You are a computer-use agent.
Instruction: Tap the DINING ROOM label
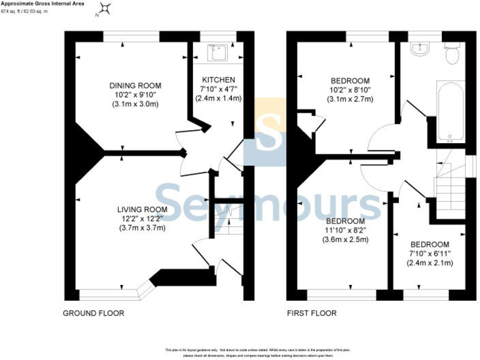pos(136,86)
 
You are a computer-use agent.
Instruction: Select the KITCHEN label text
pos(217,80)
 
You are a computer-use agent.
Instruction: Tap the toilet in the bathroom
pos(452,54)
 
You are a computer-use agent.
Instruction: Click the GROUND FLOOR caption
pos(94,313)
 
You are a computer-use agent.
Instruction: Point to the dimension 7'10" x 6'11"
pos(429,253)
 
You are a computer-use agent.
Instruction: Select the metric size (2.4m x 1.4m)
pos(217,98)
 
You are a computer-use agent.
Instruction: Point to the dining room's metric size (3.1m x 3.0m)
pos(136,104)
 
